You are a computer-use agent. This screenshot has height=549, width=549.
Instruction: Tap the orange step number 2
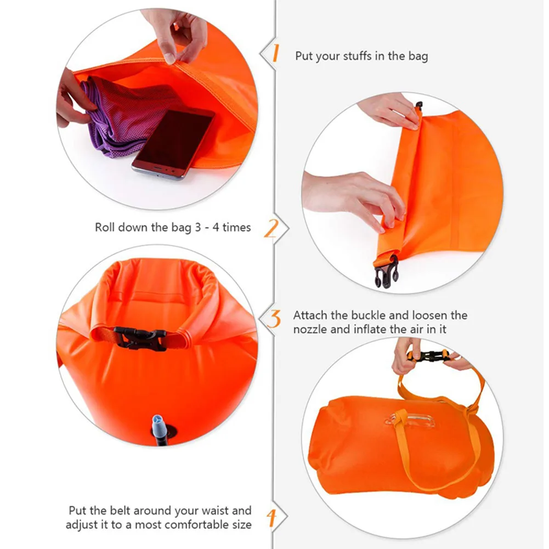[x=271, y=228]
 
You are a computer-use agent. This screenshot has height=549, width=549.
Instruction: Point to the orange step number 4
[x=271, y=517]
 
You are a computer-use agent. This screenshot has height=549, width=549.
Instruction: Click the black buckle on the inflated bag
[x=140, y=339]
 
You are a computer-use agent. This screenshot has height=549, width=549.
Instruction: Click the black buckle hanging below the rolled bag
[x=386, y=271]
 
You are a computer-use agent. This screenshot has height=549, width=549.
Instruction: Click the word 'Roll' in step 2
[x=106, y=227]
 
